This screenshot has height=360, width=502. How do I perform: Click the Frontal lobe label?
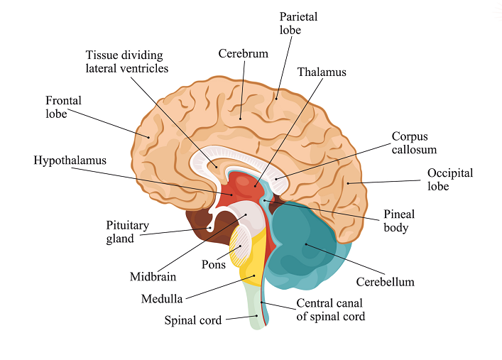64,107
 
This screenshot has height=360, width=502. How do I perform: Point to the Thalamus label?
322,72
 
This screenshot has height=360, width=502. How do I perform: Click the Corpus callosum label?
414,143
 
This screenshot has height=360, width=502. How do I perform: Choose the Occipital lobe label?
449,180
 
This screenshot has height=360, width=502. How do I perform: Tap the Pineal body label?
399,221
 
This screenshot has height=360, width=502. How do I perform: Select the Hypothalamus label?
70,160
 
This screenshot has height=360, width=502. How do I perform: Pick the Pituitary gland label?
127,232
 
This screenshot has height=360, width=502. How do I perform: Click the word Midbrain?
153,276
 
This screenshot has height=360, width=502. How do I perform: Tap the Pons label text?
213,265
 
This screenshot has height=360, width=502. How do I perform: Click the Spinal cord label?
193,320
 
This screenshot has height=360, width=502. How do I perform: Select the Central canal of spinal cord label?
330,310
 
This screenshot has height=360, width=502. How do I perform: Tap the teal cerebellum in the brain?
305,245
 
